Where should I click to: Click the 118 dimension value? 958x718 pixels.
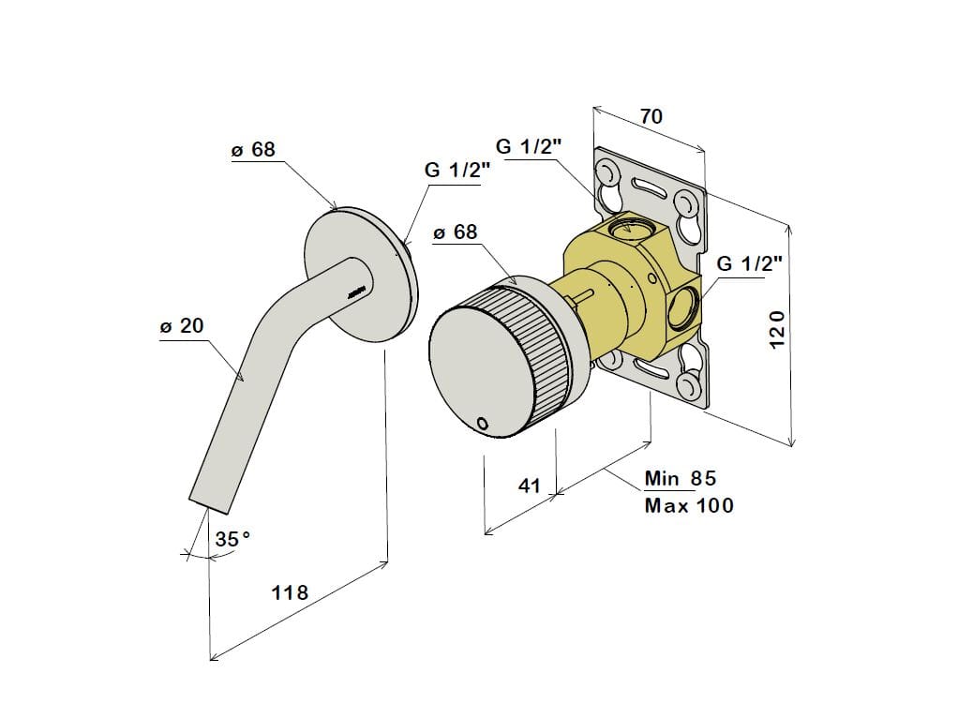pos(291,592)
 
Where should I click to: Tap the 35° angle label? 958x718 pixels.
pos(232,539)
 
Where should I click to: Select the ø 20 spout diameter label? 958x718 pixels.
pos(182,325)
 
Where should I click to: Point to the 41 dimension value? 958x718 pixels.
pos(530,486)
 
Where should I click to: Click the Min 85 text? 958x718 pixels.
pos(681,478)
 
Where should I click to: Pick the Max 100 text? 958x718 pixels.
pos(689,505)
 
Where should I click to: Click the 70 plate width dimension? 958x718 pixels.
pos(651,115)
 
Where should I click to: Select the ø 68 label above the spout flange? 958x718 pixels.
pos(253,150)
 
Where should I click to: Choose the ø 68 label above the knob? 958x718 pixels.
pos(456,232)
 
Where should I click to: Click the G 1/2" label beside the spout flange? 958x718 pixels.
pos(457,170)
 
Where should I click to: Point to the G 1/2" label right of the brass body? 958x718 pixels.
pos(750,263)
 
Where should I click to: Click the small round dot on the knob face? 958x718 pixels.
pos(482,422)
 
